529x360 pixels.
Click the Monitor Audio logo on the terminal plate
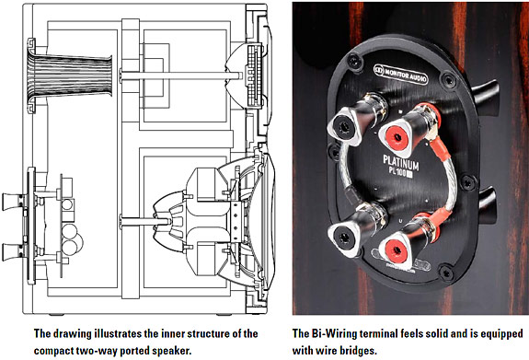click(x=400, y=75)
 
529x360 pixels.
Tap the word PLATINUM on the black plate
click(x=401, y=163)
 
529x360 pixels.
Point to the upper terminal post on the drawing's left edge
click(x=14, y=202)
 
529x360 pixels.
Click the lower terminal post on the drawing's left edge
click(x=14, y=251)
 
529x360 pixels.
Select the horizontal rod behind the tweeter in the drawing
click(x=181, y=75)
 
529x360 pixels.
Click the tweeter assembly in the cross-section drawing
click(x=248, y=76)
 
